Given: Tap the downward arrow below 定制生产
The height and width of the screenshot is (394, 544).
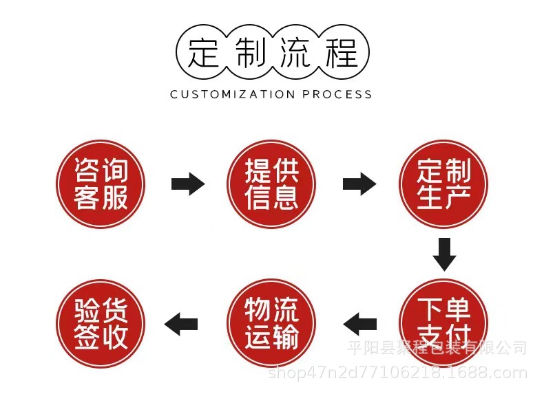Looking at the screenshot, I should pos(444,254).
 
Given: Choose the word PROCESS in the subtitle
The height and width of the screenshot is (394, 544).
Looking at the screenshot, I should pos(337,94).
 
